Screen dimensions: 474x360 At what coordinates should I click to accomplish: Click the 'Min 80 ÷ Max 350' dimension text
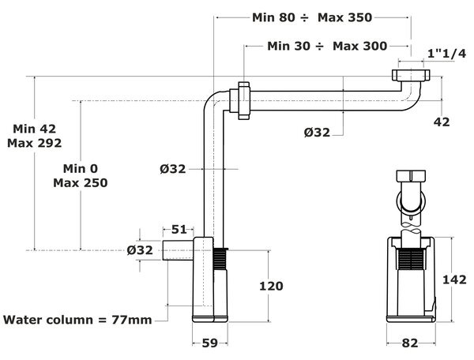(312, 18)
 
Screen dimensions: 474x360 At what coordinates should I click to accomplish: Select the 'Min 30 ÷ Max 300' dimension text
(327, 47)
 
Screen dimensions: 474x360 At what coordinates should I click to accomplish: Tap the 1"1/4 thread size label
(446, 54)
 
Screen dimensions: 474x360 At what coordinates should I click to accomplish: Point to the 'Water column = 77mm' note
(77, 320)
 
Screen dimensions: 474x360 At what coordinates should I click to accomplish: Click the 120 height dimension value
(271, 286)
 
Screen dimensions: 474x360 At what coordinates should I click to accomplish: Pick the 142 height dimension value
(454, 279)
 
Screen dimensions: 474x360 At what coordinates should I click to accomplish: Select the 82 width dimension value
(409, 343)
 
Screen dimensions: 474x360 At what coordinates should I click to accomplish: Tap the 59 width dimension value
(209, 343)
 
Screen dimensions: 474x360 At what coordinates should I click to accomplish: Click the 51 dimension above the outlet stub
(179, 230)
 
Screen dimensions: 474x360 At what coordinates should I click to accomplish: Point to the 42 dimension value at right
(442, 122)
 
